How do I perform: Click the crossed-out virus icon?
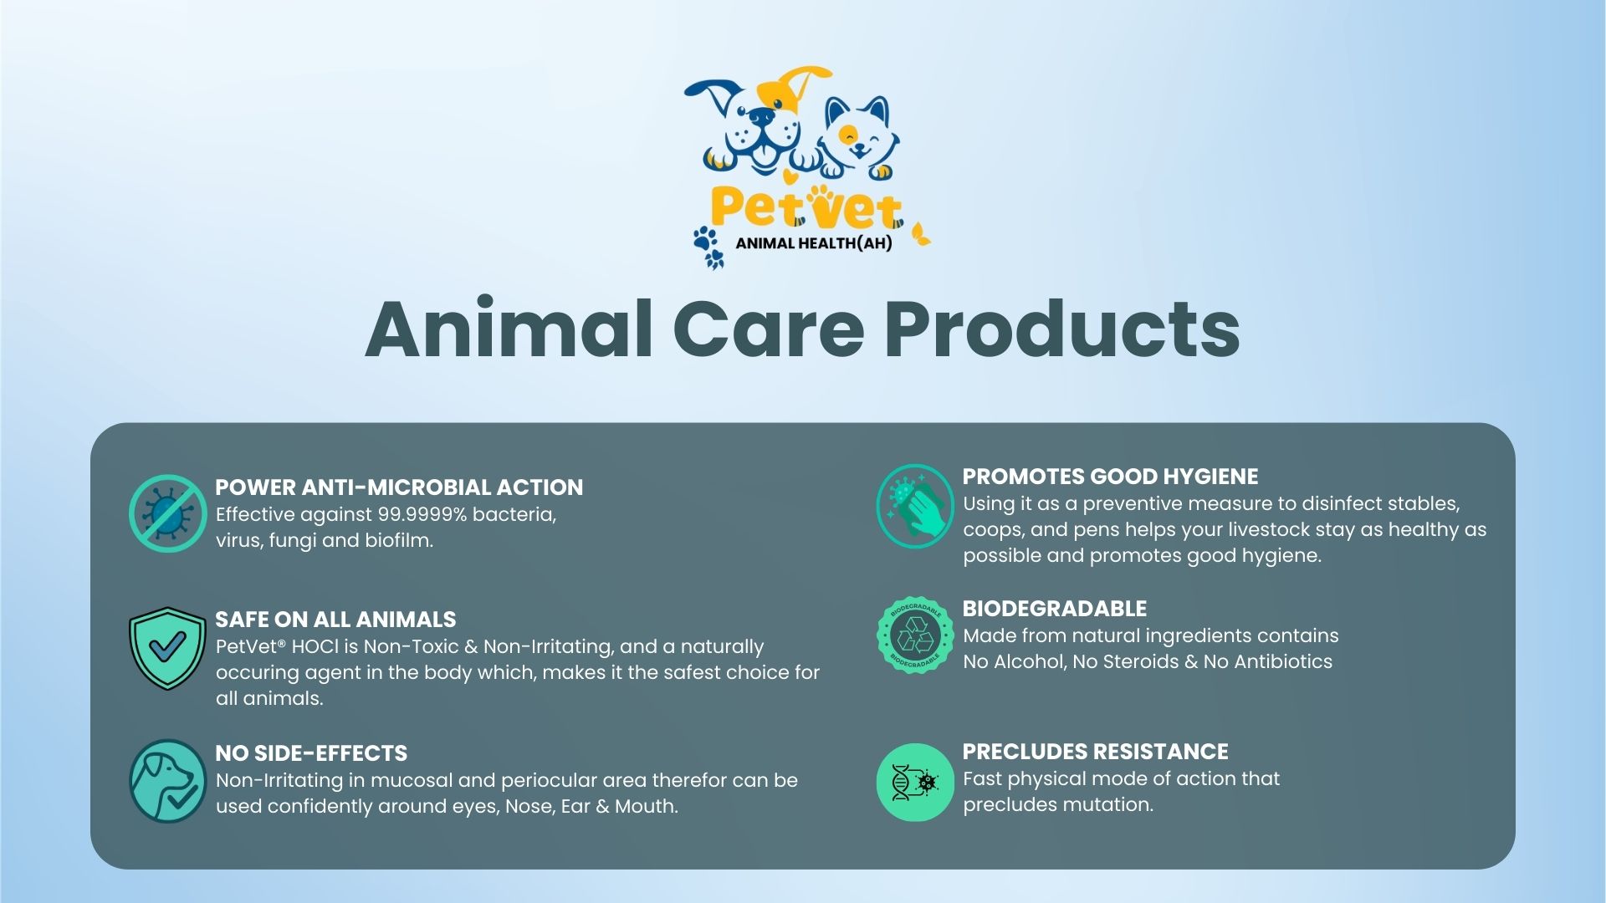(167, 513)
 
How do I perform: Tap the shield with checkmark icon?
(167, 648)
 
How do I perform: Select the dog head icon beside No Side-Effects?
(167, 780)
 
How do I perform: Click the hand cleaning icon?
(915, 506)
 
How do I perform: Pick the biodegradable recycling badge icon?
(915, 635)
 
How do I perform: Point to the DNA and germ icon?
(915, 783)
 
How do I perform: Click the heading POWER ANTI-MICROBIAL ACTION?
(399, 487)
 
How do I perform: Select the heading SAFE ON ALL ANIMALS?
(335, 620)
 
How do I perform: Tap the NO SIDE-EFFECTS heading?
(311, 753)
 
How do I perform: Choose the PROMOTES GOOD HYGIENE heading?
(1110, 477)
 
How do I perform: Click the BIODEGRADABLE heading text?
(1055, 609)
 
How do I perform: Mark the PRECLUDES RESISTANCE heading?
(1095, 752)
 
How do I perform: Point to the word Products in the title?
(1061, 329)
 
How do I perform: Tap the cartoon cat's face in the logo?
(857, 138)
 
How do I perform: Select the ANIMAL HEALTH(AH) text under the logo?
(813, 243)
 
